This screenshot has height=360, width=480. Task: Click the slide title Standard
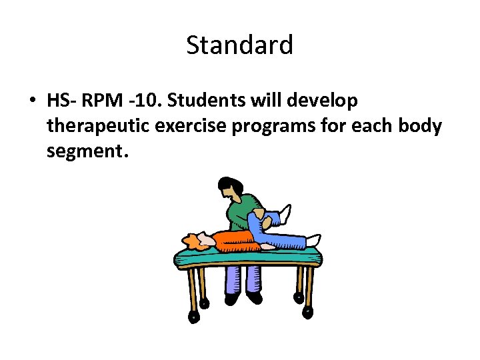[x=239, y=45]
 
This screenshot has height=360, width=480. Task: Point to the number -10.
[x=147, y=101]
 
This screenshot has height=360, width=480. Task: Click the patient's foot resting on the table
[x=313, y=240]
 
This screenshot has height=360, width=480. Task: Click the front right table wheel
[x=308, y=314]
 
